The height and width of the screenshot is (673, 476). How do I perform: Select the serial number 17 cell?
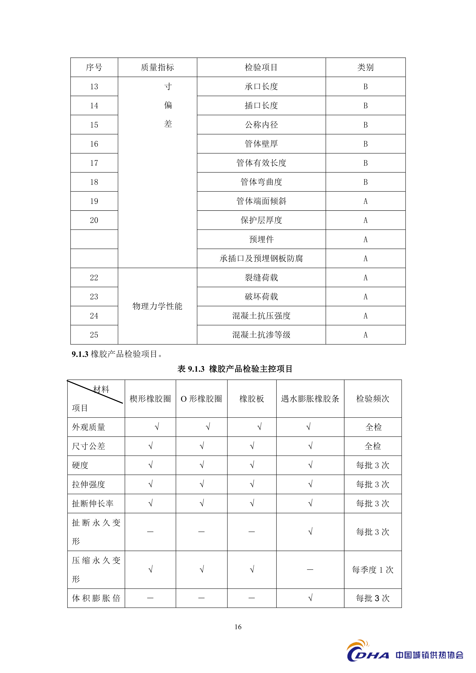pos(94,163)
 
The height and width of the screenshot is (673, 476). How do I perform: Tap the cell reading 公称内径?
pos(261,125)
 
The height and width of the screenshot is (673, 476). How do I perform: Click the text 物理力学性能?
pos(157,306)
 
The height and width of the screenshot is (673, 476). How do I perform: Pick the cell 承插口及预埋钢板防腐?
pos(261,258)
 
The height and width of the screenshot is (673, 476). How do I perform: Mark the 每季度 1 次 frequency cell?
pos(372,570)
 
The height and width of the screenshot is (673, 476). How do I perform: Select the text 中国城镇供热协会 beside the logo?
pos(429,655)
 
